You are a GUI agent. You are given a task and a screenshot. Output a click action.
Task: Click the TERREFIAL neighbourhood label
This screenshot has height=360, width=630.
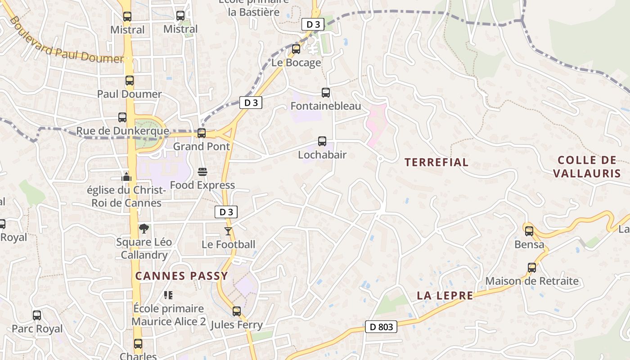tap(436, 162)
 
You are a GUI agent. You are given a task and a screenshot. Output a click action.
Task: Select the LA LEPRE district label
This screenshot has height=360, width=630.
tap(445, 296)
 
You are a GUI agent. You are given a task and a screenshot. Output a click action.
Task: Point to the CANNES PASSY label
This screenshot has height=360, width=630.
tap(182, 276)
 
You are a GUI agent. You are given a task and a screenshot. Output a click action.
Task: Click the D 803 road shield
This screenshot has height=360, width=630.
tap(381, 327)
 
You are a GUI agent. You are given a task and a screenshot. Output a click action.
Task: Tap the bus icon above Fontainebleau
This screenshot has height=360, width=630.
tap(326, 93)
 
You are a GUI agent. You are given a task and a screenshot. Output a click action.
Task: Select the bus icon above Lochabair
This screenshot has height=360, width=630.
tap(322, 141)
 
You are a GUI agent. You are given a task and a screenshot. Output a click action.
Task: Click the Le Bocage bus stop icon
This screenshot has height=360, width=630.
tap(296, 49)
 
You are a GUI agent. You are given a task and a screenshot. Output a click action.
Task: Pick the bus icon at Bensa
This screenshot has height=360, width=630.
tap(529, 231)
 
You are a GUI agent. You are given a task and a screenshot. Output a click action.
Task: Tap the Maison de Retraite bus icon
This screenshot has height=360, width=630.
tap(532, 268)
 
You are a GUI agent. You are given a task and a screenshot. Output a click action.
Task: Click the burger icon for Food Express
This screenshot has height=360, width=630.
tap(202, 172)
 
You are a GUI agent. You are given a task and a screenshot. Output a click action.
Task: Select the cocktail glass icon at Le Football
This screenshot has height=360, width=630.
tap(228, 231)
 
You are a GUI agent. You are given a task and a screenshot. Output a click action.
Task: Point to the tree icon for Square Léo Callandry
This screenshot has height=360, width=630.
tap(144, 229)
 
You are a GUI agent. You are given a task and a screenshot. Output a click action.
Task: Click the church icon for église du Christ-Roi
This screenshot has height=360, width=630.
tap(126, 176)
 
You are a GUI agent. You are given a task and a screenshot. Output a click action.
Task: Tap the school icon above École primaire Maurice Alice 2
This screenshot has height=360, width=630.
tap(168, 295)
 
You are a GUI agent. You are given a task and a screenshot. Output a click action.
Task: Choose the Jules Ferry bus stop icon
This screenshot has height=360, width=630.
tap(237, 311)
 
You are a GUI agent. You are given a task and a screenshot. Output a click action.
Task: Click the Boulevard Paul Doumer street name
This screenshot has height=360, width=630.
tap(65, 42)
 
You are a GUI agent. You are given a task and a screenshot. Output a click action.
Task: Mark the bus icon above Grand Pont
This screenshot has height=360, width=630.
tap(202, 133)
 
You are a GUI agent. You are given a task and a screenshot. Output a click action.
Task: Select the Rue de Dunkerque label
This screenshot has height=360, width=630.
tap(122, 131)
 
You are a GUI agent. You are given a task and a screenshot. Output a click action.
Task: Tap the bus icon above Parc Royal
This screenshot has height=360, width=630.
tap(37, 315)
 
